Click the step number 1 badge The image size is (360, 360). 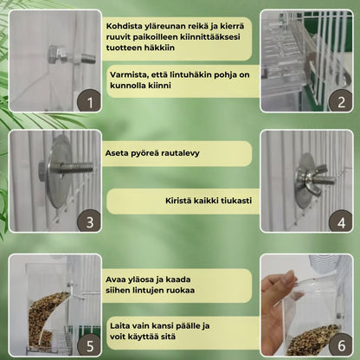click(x=89, y=102)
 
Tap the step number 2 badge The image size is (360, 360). click(x=341, y=101)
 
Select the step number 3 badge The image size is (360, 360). click(x=89, y=222)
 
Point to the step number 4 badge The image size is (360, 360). click(x=341, y=222)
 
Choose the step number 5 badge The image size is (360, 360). click(x=89, y=345)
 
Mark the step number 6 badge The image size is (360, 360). click(x=341, y=345)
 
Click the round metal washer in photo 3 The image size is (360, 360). click(x=60, y=171)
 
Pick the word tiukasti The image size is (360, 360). click(x=236, y=201)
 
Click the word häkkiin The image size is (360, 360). click(x=160, y=48)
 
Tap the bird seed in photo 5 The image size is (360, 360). click(x=46, y=318)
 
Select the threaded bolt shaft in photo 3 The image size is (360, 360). click(x=76, y=168)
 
